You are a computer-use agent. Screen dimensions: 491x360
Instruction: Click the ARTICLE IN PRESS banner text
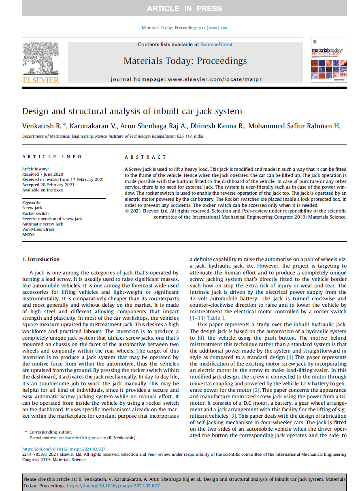(184, 9)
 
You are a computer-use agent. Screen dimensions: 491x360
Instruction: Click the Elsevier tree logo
(40, 60)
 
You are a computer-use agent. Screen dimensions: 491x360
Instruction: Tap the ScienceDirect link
(217, 45)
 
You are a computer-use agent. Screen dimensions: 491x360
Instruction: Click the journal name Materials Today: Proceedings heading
(185, 61)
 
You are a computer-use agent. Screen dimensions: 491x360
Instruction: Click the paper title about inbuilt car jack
(132, 111)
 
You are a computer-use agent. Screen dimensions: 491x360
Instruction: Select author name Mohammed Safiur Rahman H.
(294, 126)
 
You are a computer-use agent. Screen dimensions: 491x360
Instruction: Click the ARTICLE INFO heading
(52, 157)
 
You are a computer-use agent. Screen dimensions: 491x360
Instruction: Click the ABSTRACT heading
(145, 157)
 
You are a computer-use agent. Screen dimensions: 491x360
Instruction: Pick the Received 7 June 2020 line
(43, 174)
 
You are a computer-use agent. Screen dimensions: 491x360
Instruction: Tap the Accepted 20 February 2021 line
(48, 185)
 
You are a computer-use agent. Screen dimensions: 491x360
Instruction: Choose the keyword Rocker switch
(35, 213)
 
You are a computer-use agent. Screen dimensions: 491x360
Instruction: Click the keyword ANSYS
(28, 234)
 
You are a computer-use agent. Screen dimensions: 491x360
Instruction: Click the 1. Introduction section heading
(41, 259)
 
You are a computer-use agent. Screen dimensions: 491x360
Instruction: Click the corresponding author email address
(82, 438)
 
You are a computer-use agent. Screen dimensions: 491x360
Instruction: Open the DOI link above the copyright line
(64, 449)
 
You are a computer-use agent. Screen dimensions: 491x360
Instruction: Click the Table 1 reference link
(216, 318)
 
